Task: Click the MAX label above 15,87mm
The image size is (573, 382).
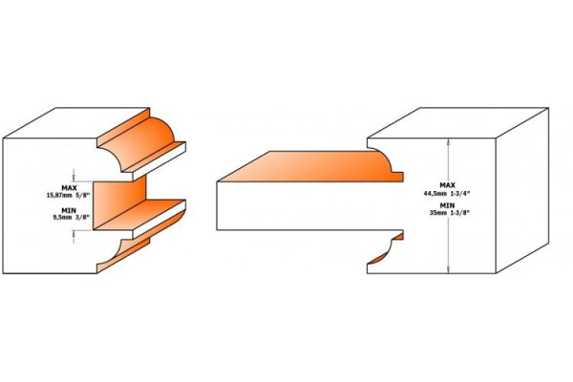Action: click(x=69, y=188)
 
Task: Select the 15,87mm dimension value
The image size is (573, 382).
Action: click(x=58, y=195)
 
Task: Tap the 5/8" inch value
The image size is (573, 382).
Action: click(x=82, y=195)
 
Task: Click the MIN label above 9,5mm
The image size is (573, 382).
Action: click(x=69, y=210)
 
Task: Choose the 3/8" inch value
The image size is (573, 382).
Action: click(x=83, y=217)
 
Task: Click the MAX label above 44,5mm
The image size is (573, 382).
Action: click(x=447, y=185)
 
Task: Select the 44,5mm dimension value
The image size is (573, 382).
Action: click(x=435, y=193)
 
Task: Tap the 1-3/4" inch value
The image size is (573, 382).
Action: click(x=459, y=193)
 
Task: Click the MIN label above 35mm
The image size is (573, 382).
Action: click(x=447, y=205)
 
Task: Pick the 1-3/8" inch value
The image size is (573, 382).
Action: click(x=459, y=214)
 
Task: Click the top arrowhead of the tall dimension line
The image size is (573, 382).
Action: click(x=449, y=142)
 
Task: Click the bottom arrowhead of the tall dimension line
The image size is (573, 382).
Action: click(x=449, y=269)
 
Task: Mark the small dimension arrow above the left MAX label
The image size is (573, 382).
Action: click(x=74, y=175)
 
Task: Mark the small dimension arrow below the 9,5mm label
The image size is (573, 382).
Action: click(x=74, y=237)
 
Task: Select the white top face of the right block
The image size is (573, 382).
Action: click(x=457, y=123)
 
